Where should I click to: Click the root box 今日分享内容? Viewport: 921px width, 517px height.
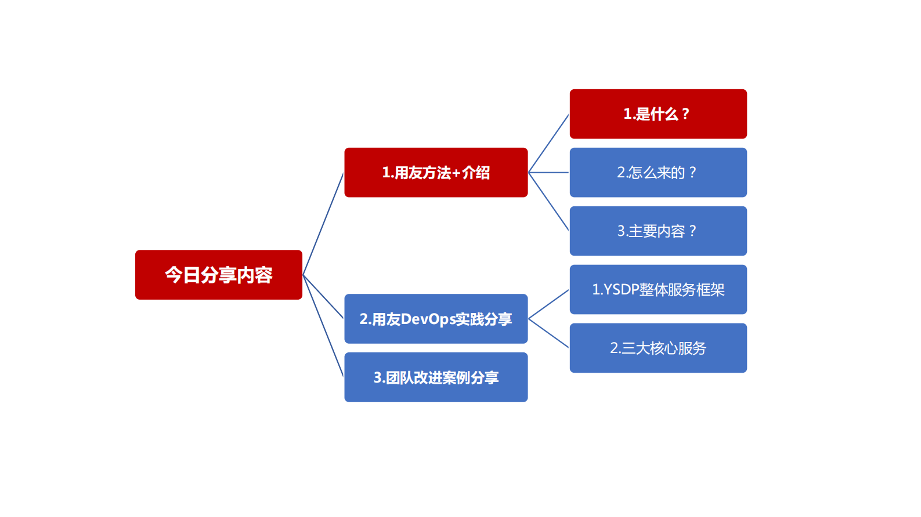coord(218,275)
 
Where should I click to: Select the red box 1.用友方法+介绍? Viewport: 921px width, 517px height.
coord(436,173)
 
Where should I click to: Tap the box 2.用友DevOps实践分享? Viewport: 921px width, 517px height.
coord(436,319)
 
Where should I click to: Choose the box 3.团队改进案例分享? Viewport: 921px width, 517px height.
coord(436,377)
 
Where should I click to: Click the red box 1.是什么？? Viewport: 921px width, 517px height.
coord(658,114)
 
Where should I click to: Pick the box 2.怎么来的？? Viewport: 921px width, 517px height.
coord(658,173)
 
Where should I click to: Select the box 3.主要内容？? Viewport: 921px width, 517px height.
coord(658,231)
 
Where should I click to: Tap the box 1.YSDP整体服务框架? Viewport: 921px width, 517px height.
coord(658,290)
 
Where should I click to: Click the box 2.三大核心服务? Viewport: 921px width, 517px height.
coord(658,348)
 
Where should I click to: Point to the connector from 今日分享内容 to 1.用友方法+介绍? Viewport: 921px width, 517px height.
coord(323,224)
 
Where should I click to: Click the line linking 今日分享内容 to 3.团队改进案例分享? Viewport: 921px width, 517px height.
coord(323,326)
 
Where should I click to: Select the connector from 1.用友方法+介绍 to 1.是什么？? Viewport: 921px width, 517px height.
coord(548,144)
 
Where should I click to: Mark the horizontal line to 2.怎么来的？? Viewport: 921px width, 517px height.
coord(548,173)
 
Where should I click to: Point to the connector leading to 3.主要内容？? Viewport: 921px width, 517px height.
coord(548,202)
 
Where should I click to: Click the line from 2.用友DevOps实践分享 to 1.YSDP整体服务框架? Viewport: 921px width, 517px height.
coord(548,304)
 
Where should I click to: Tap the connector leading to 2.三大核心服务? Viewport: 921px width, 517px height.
coord(548,333)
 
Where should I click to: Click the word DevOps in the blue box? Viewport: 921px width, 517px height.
coord(428,319)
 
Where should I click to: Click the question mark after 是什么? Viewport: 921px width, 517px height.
coord(685,114)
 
